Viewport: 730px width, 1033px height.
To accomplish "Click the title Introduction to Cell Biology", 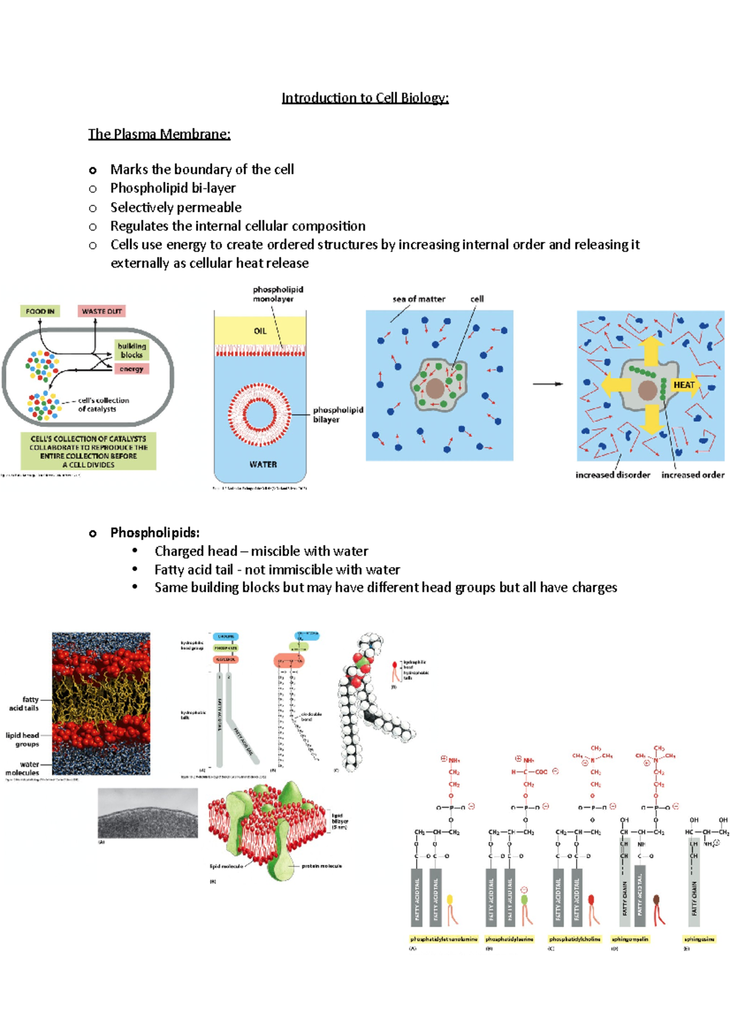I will pos(365,98).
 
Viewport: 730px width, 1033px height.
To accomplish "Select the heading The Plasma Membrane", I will pos(159,134).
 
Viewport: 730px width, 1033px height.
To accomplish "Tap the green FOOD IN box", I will pos(40,311).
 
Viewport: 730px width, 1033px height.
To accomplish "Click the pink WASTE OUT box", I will pos(102,311).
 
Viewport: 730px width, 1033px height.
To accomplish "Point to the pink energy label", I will pos(131,369).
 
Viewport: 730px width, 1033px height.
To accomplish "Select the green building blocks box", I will pos(131,350).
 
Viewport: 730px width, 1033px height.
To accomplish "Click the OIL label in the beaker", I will pos(260,331).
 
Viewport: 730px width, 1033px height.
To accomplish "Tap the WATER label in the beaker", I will pos(263,464).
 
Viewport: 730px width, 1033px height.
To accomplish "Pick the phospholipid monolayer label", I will pos(277,294).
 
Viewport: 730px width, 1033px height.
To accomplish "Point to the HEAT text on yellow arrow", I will pos(684,384).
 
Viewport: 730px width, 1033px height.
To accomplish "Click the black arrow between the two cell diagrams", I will pos(547,384).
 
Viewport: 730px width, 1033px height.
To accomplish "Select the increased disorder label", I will pos(613,475).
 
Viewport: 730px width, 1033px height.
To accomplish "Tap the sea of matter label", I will pos(419,299).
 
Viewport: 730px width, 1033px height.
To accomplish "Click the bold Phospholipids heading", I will pos(155,533).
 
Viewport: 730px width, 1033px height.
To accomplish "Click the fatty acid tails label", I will pos(25,704).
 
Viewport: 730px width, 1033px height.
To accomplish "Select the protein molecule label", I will pos(321,866).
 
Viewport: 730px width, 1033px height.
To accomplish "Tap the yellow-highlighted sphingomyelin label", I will pos(630,939).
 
